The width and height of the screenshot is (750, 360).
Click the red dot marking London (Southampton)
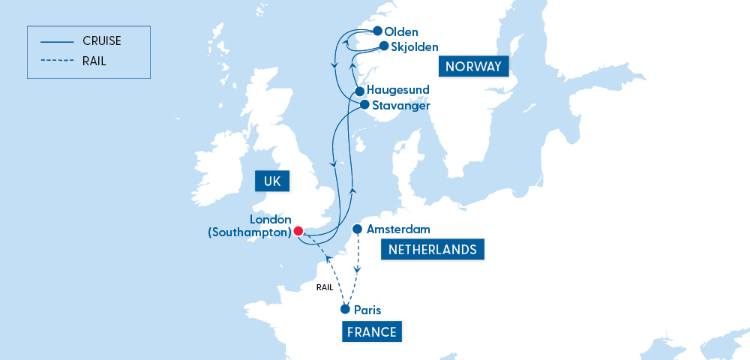pyautogui.click(x=298, y=231)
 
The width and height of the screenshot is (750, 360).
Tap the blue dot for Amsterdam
pyautogui.click(x=358, y=229)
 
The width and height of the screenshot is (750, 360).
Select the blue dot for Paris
pyautogui.click(x=345, y=309)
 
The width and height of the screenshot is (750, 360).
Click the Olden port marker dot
pyautogui.click(x=376, y=31)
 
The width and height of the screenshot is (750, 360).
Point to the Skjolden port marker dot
pyautogui.click(x=383, y=46)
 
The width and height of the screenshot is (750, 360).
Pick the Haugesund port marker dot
pyautogui.click(x=359, y=91)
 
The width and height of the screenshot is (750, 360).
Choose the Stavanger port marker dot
pyautogui.click(x=364, y=105)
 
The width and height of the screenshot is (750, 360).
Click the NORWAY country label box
pyautogui.click(x=472, y=67)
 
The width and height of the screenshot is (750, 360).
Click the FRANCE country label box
pyautogui.click(x=372, y=331)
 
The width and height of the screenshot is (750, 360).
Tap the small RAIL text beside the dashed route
pyautogui.click(x=325, y=287)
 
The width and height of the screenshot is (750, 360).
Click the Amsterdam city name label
pyautogui.click(x=398, y=229)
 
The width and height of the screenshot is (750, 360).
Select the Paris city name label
pyautogui.click(x=367, y=309)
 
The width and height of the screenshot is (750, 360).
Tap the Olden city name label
pyautogui.click(x=400, y=31)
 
